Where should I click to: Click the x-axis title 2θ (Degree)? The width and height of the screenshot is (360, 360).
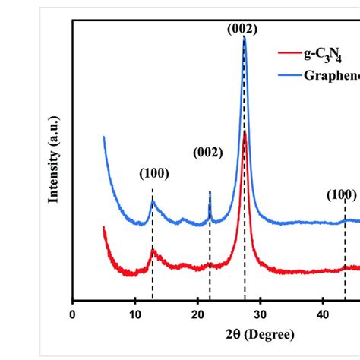239,335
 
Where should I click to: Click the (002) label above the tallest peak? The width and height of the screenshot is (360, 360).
242,29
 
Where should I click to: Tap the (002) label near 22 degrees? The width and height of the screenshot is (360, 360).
207,153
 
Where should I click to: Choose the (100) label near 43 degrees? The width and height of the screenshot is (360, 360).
342,195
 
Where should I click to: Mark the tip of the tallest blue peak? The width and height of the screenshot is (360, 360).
244,38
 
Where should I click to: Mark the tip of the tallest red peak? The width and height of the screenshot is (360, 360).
244,133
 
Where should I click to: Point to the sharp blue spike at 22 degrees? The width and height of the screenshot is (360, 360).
210,193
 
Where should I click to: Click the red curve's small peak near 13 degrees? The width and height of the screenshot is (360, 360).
153,250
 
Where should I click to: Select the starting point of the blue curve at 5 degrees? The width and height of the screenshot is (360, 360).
104,137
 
